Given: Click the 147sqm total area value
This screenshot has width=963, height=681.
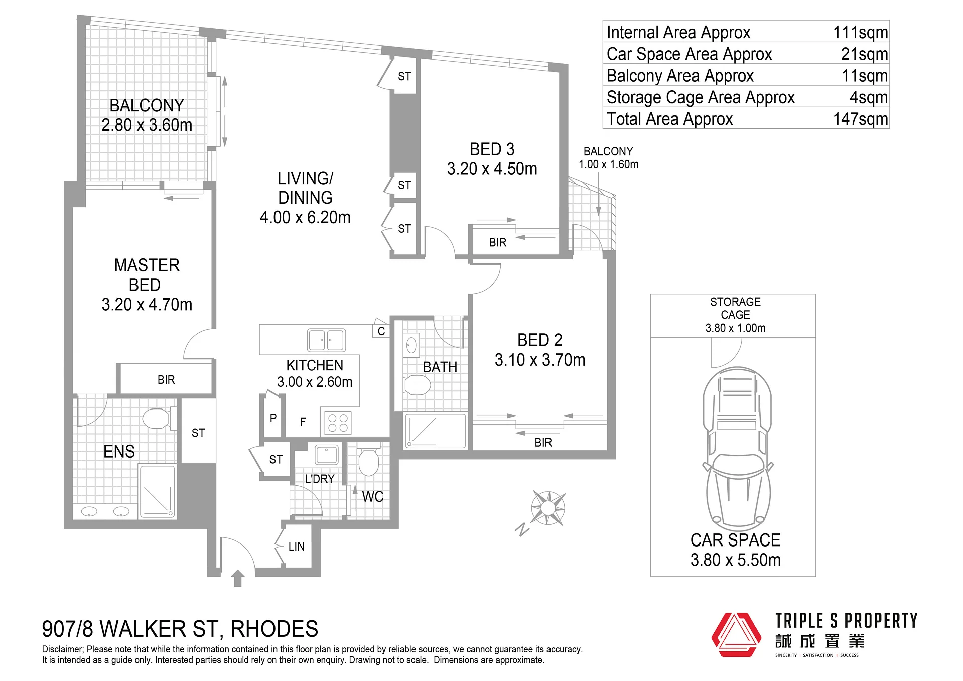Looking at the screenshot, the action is (x=860, y=119).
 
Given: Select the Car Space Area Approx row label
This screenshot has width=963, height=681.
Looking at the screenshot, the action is (x=689, y=54).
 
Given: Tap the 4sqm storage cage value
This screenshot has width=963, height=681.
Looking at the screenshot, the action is (x=869, y=97).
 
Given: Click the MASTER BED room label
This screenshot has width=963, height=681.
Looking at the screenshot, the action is (x=147, y=275).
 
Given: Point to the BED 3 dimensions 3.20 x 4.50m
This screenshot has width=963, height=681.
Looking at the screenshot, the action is (x=492, y=169).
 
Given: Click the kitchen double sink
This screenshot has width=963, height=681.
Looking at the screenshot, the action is (x=326, y=340).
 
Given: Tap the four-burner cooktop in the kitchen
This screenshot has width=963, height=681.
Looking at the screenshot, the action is (x=338, y=423).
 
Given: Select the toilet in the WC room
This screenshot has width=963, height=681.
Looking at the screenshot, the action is (x=368, y=458).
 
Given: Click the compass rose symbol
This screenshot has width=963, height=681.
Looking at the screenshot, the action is (x=548, y=508).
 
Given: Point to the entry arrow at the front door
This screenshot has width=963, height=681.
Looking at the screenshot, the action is (x=238, y=578).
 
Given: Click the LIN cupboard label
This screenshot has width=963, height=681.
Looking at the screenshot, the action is (x=297, y=547).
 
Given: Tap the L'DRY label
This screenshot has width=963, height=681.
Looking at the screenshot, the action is (x=320, y=479).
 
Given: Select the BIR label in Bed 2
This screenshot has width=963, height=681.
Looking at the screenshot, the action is (x=543, y=443).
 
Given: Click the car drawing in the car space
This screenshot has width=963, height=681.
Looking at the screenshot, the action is (x=738, y=449).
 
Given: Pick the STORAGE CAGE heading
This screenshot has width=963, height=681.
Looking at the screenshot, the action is (x=735, y=308).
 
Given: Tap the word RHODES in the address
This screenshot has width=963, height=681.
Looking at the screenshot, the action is (x=274, y=629).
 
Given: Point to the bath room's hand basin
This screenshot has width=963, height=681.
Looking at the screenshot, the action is (x=411, y=345).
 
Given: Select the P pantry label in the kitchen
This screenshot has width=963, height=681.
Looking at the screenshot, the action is (x=273, y=418).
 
